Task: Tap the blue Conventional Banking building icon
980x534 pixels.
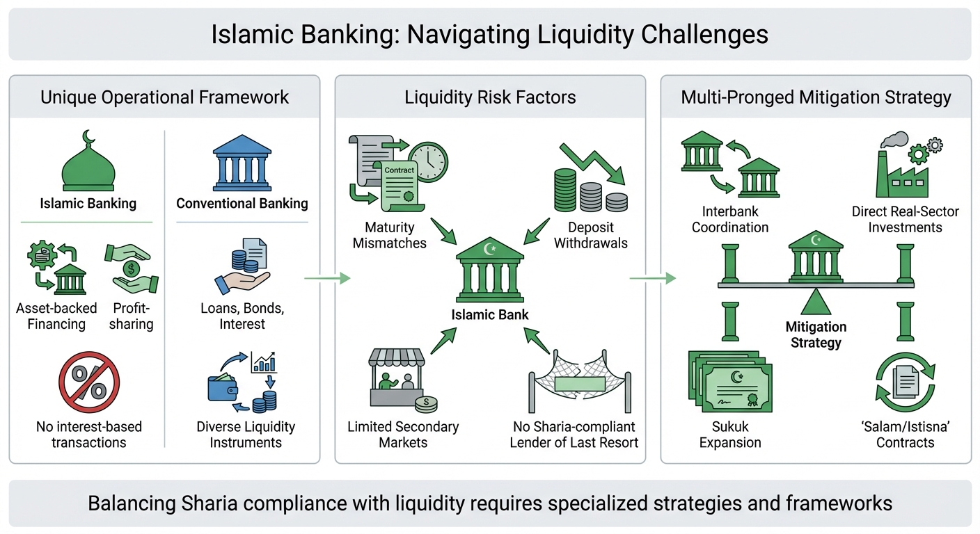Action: (242, 163)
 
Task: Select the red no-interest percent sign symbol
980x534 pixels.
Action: (89, 382)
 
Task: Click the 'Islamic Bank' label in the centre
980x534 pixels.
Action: (489, 314)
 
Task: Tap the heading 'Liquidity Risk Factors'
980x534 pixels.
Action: (490, 97)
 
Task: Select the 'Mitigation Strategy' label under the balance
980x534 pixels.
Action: (816, 334)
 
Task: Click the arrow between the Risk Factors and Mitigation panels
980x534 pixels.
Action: (652, 279)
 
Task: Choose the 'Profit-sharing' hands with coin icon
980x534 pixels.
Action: (131, 268)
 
